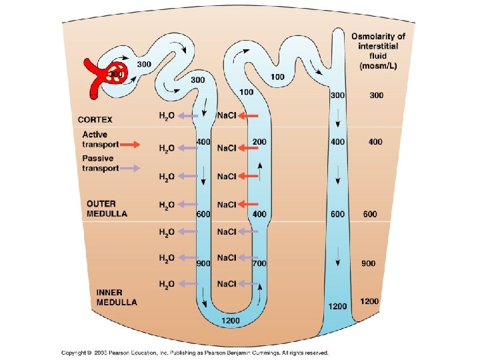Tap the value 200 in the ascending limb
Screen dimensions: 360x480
pyautogui.click(x=259, y=142)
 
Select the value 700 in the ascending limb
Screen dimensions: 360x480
pyautogui.click(x=259, y=263)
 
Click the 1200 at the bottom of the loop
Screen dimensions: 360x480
pyautogui.click(x=231, y=321)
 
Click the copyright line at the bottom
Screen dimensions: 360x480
pyautogui.click(x=195, y=353)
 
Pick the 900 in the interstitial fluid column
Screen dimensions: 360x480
pyautogui.click(x=369, y=263)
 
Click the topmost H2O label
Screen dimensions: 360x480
pyautogui.click(x=167, y=116)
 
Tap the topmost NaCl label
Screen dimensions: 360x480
pyautogui.click(x=227, y=116)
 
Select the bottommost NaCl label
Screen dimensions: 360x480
pyautogui.click(x=227, y=284)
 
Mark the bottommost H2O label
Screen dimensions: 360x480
pyautogui.click(x=167, y=284)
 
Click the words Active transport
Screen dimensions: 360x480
pyautogui.click(x=100, y=139)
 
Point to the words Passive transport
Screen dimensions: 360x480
pyautogui.click(x=100, y=163)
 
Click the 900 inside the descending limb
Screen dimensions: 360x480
pyautogui.click(x=203, y=263)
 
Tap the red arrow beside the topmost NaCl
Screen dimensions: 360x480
pyautogui.click(x=249, y=116)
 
